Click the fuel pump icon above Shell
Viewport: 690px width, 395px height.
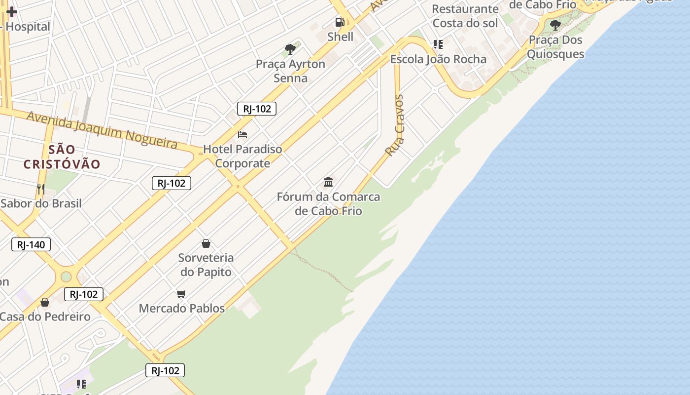click(x=340, y=22)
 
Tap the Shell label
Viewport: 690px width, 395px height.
click(x=341, y=37)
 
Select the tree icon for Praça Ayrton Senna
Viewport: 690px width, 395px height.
click(x=290, y=49)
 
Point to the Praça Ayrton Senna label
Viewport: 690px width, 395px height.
click(x=290, y=71)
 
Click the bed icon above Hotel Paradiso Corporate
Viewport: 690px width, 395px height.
click(x=242, y=134)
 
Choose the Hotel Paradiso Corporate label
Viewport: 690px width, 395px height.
click(x=242, y=156)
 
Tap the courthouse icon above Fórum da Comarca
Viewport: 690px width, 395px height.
click(x=328, y=182)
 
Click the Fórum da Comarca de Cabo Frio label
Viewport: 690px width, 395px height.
click(x=328, y=203)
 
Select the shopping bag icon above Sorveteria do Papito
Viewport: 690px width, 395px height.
click(x=206, y=243)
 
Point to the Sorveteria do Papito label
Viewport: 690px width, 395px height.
click(x=206, y=265)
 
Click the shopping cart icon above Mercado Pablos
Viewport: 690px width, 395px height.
click(x=181, y=294)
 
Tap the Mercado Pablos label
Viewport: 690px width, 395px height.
click(x=182, y=309)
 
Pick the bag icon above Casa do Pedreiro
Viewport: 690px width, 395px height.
click(x=45, y=302)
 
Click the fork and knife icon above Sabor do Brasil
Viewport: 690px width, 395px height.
click(x=41, y=189)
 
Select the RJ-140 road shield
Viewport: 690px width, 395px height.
click(x=31, y=244)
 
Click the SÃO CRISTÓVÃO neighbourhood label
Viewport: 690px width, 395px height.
click(x=62, y=157)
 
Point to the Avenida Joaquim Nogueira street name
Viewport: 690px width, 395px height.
click(x=102, y=129)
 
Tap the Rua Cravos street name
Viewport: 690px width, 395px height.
click(x=396, y=125)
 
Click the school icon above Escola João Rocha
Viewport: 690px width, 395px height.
click(x=438, y=44)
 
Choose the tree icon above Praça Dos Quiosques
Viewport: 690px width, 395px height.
click(x=555, y=25)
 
